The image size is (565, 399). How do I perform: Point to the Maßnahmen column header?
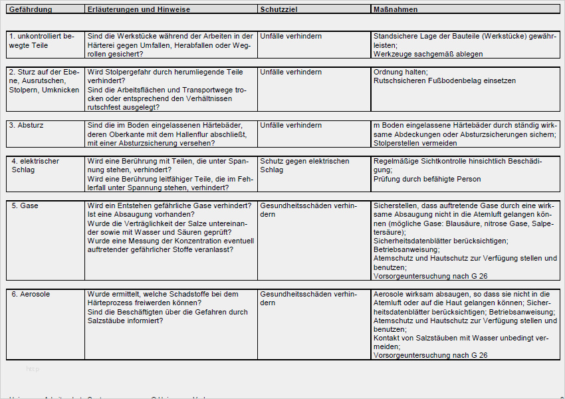coord(396,10)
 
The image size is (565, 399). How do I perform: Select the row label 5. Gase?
coord(25,205)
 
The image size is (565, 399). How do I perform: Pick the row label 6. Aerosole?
coord(31,293)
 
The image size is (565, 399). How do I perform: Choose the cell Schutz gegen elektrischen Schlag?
coord(304,165)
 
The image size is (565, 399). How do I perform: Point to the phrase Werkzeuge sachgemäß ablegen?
coord(428,54)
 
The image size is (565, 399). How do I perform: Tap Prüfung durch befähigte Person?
coord(427,179)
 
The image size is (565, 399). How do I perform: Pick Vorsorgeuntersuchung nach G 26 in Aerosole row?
coord(430,355)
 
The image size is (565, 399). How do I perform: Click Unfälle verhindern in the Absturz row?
coord(291,125)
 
